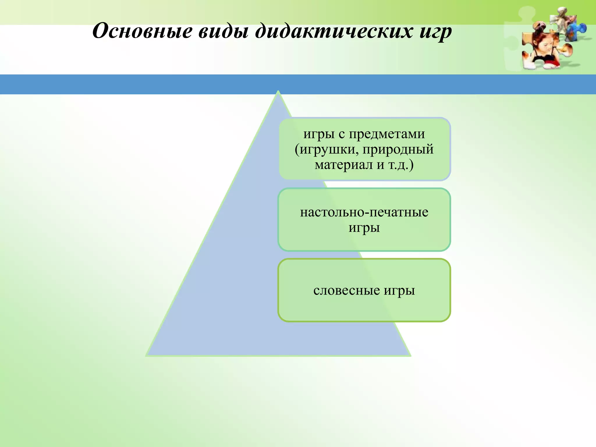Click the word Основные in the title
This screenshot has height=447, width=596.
142,31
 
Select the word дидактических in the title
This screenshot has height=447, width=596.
334,31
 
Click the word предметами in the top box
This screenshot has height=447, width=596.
387,134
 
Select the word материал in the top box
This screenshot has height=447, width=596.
344,165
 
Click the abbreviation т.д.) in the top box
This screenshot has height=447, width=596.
401,165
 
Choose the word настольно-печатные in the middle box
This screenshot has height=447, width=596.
364,212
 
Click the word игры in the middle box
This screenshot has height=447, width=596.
364,228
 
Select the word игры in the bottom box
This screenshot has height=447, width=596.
399,290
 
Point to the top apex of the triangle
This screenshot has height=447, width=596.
278,92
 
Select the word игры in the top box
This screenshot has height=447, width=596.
319,134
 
